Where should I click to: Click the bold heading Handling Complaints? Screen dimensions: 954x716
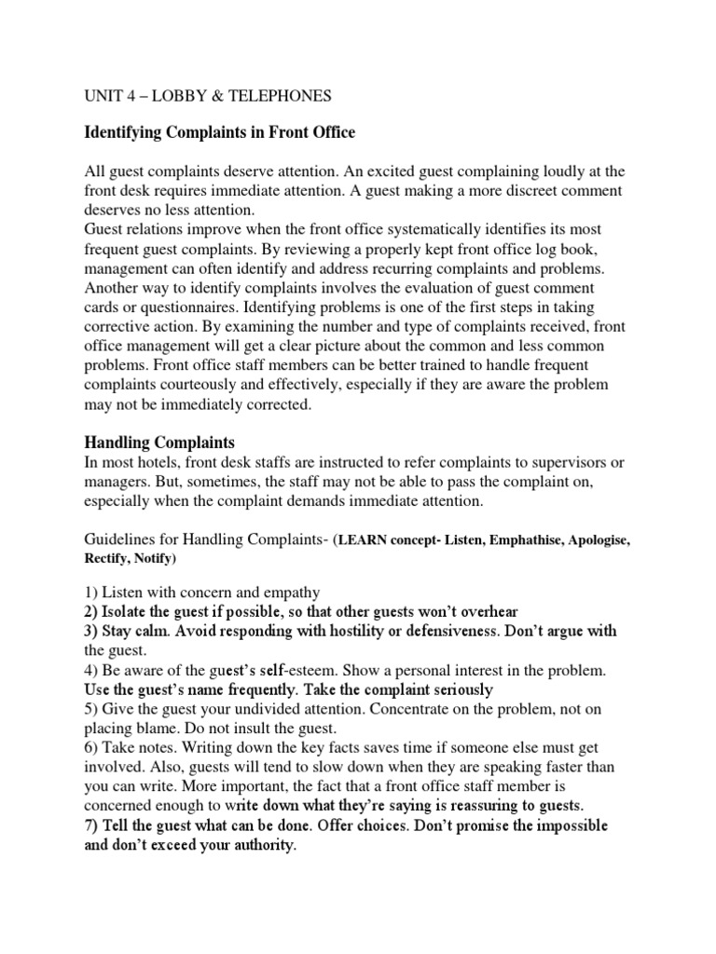click(x=160, y=443)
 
